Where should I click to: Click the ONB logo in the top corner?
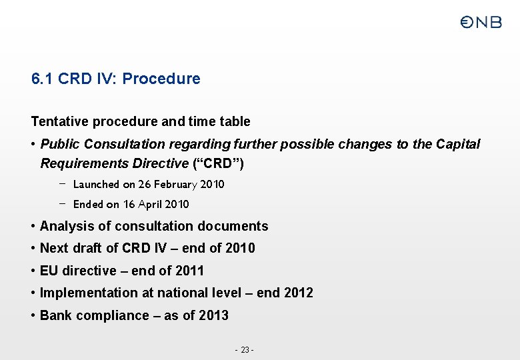[480, 23]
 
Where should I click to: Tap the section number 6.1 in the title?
[43, 79]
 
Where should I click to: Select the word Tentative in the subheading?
[60, 121]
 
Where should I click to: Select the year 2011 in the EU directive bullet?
[189, 271]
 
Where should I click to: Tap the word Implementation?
[87, 293]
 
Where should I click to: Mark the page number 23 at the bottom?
[245, 350]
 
